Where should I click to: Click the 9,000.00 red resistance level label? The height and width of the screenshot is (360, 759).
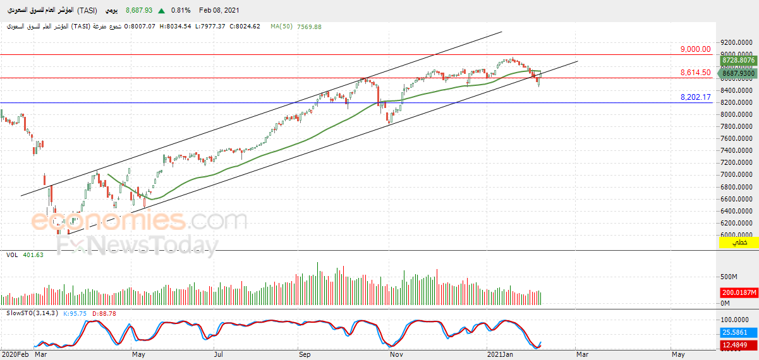[695, 49]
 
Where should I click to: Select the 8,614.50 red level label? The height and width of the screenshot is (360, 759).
[695, 73]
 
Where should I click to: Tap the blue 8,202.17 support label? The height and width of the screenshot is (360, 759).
[695, 97]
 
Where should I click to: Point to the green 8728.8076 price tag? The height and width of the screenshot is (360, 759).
[738, 60]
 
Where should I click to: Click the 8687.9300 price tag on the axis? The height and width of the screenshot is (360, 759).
[738, 74]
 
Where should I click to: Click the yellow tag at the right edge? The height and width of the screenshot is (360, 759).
[738, 243]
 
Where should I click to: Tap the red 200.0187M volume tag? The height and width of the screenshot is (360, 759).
[738, 293]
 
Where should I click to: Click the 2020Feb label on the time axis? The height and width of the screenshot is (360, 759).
[15, 354]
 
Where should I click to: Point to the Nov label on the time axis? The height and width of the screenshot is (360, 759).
[396, 354]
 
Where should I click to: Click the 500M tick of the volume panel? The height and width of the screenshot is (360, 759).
[729, 277]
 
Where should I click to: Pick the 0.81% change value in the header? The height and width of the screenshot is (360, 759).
[181, 11]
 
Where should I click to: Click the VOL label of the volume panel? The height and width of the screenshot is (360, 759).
[12, 255]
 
